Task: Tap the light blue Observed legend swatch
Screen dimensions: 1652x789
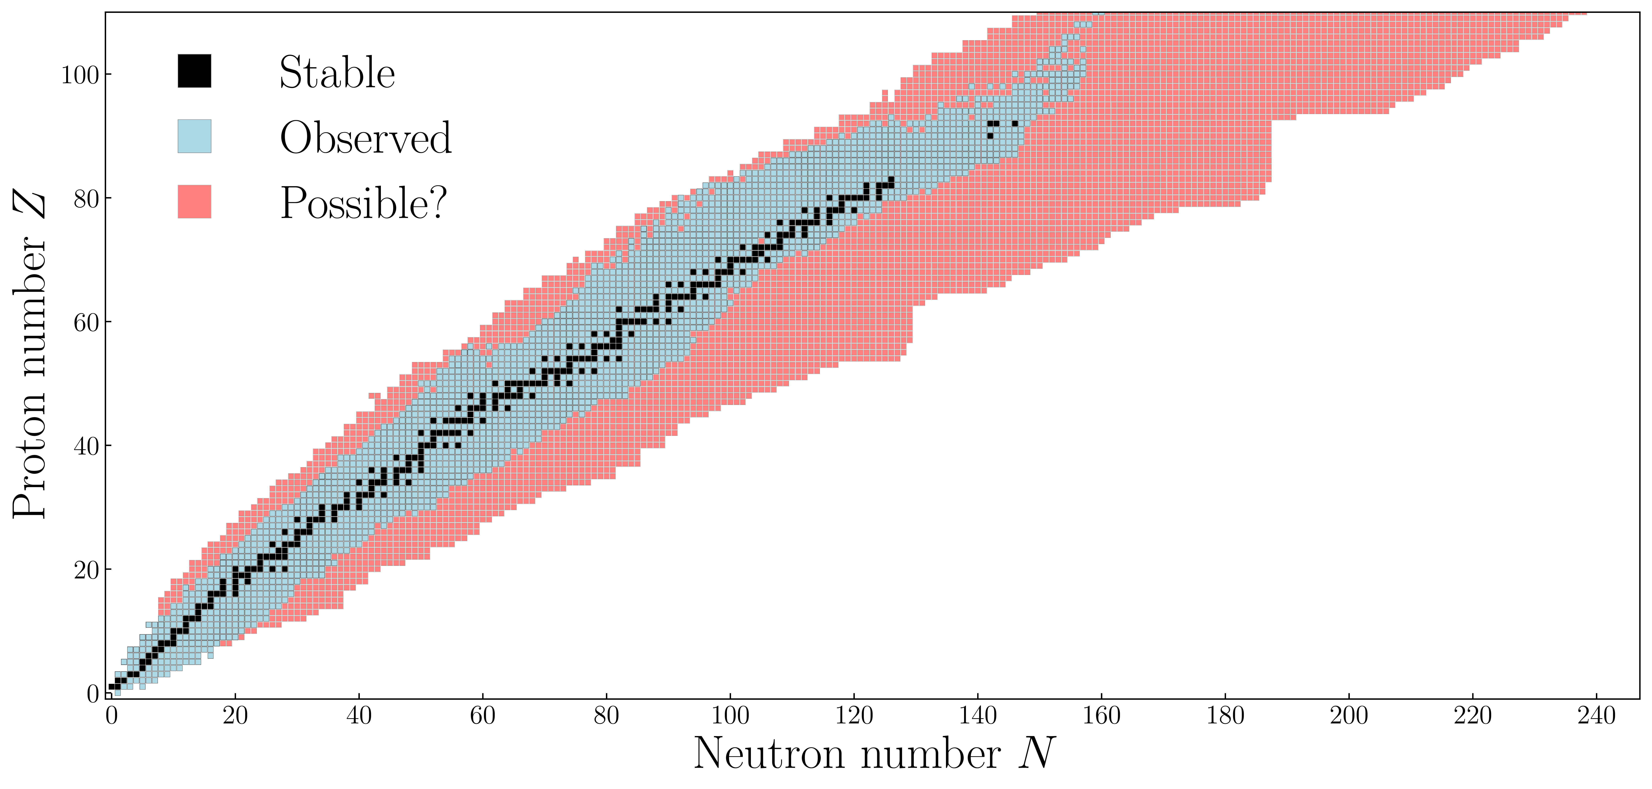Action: pos(194,136)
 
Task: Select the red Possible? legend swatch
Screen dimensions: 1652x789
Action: pos(194,201)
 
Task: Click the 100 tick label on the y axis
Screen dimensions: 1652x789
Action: pos(80,75)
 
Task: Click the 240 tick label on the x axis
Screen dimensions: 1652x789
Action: pos(1596,715)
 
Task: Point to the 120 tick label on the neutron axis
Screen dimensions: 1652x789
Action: pos(854,715)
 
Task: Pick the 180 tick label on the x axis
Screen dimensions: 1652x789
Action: pos(1225,715)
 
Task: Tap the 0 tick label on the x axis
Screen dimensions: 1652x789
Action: pos(112,715)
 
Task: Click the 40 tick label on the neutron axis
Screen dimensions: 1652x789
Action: pos(359,715)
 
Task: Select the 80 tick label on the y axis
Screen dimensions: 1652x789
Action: pos(87,199)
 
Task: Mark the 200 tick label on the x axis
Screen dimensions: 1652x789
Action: pos(1349,715)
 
